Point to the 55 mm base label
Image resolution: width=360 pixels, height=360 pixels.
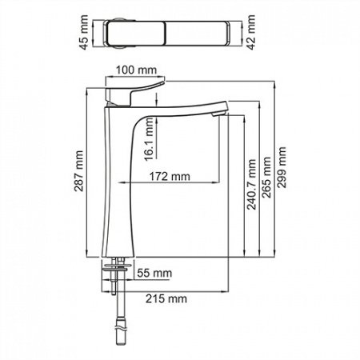point(154,274)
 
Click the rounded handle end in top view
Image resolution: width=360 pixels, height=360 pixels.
point(114,34)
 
